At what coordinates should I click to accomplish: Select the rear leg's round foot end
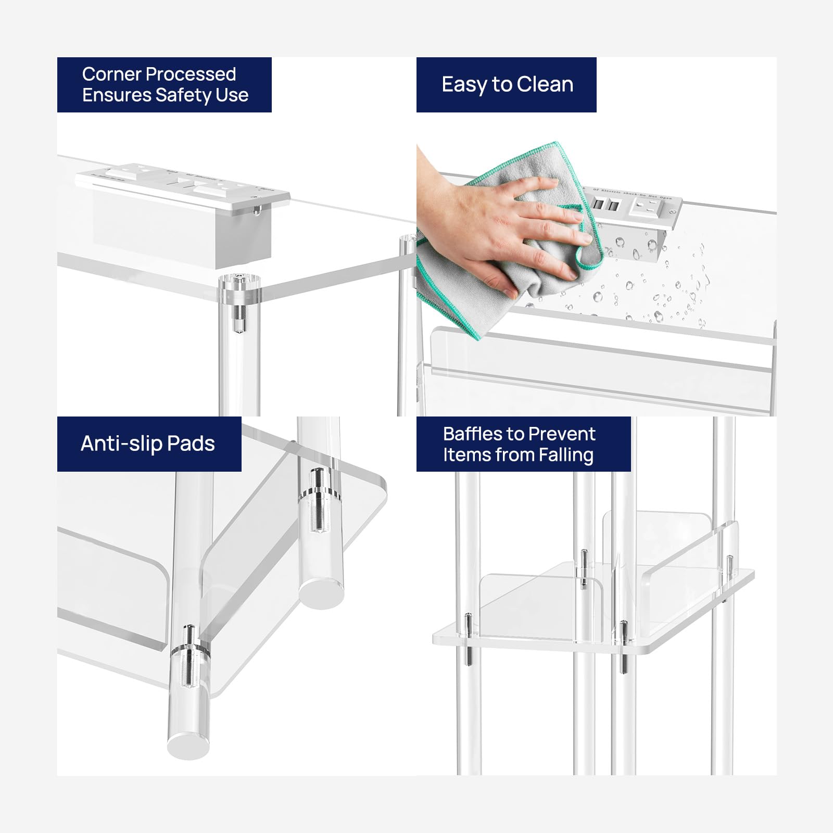click(x=322, y=594)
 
